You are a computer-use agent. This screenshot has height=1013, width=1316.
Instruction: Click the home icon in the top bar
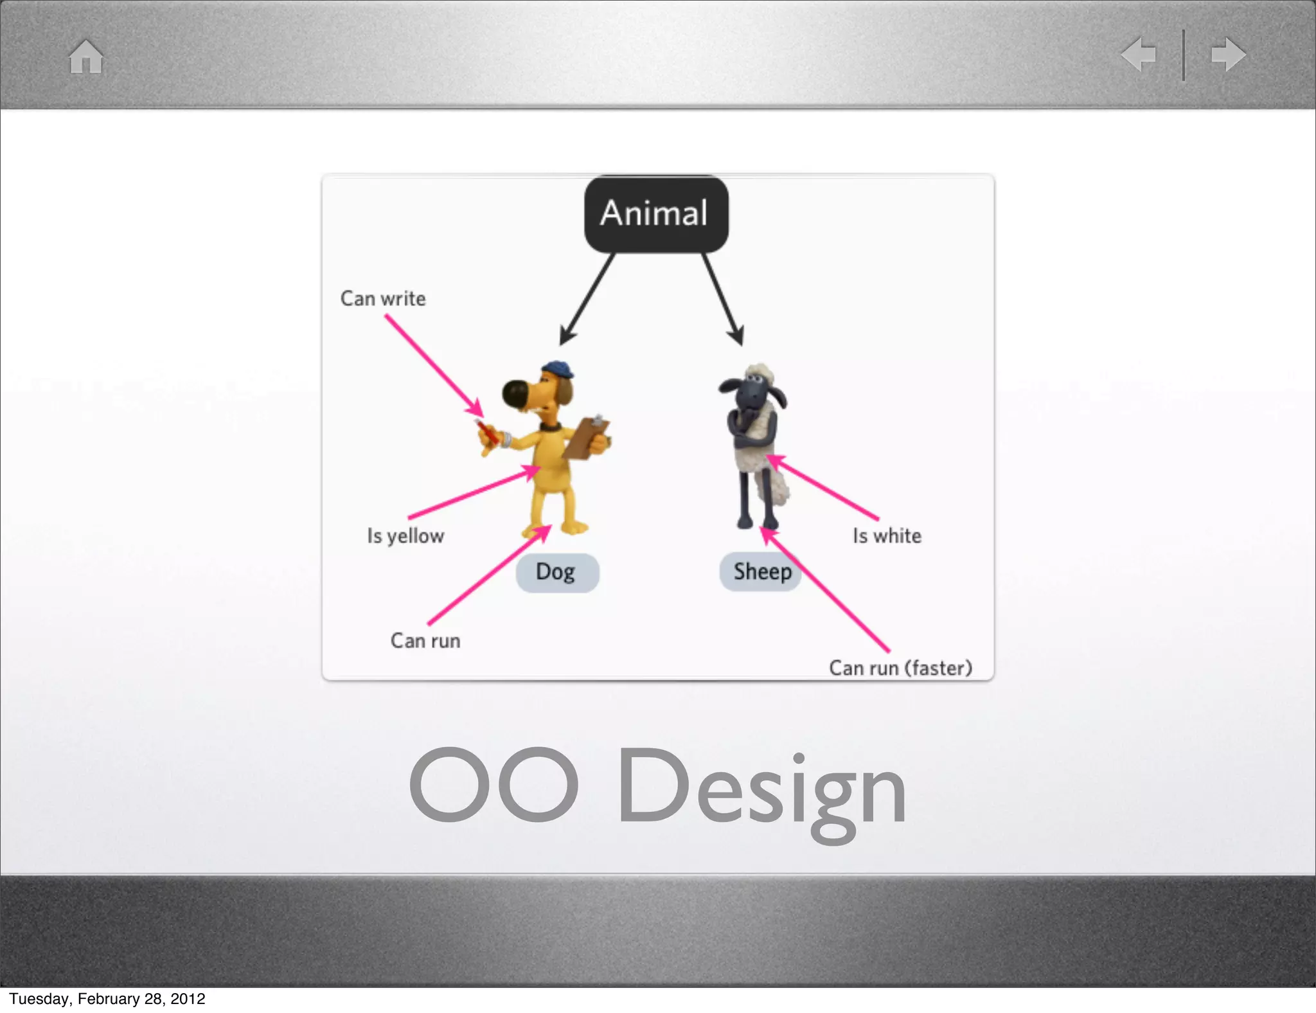pos(86,57)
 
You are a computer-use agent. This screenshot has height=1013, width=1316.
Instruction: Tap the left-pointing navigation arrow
pos(1139,55)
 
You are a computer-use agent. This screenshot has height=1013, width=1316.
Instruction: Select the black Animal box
pos(655,213)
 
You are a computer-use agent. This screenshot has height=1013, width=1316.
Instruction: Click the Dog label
pos(556,572)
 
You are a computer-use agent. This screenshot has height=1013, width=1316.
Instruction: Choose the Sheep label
pos(761,571)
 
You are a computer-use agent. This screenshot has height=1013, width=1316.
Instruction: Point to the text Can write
pos(383,299)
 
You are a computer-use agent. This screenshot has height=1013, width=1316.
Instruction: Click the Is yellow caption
pos(405,535)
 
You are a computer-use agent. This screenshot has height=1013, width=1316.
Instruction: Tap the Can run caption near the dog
pos(425,641)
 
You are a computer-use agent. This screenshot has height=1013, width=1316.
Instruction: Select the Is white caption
pos(887,535)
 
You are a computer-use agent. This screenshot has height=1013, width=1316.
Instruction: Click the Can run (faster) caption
pos(900,668)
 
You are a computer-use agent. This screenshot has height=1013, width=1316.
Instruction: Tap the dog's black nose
pos(515,394)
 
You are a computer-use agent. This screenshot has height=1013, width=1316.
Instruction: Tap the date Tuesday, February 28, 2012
pos(107,999)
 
